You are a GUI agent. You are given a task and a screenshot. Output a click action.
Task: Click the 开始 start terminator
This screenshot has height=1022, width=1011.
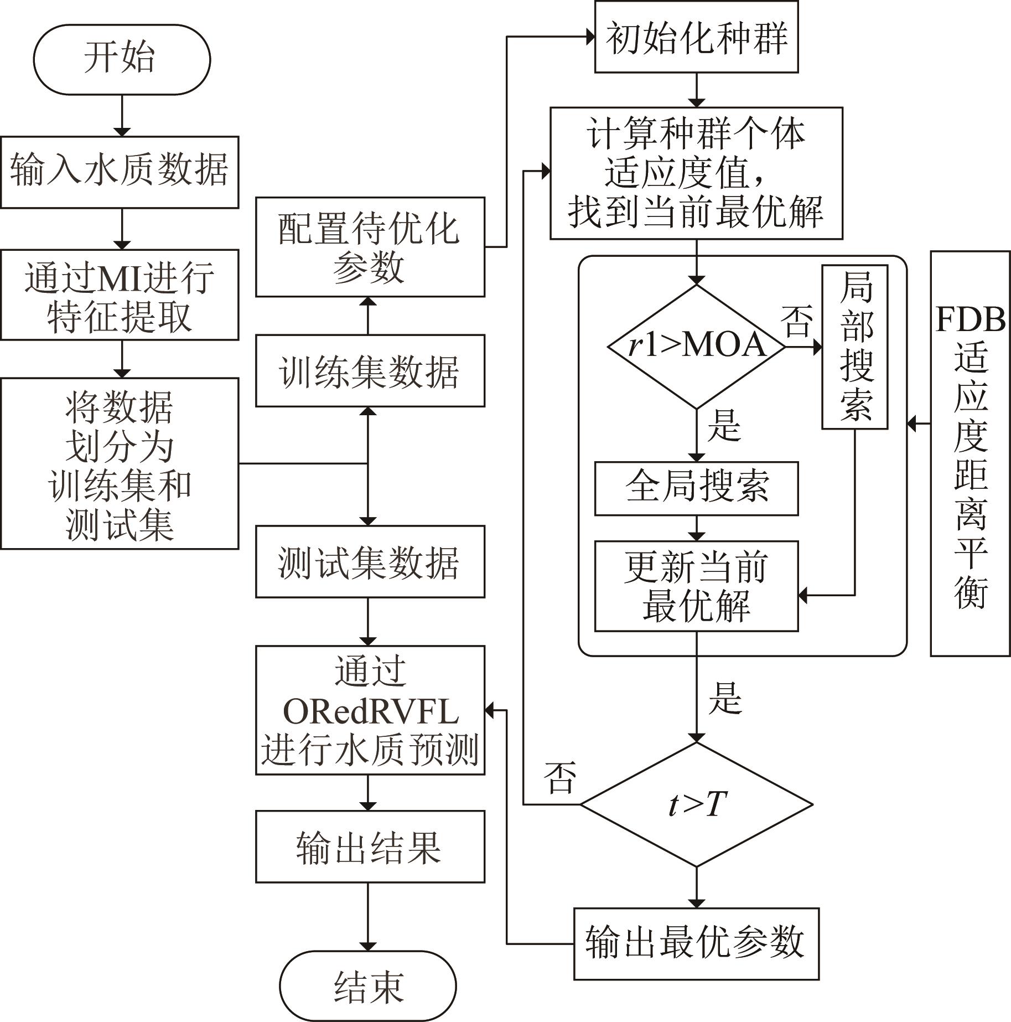(x=122, y=59)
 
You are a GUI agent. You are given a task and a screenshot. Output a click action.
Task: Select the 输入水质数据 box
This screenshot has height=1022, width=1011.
(x=120, y=172)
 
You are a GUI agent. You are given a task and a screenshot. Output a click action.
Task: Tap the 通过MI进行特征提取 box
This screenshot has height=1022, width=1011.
(x=120, y=295)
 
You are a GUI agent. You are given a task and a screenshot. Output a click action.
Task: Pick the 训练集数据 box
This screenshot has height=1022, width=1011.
(x=370, y=370)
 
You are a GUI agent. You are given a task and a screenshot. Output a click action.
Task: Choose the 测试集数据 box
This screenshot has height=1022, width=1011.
(x=370, y=561)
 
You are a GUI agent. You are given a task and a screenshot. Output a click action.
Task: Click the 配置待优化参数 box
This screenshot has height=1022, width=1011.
(x=370, y=247)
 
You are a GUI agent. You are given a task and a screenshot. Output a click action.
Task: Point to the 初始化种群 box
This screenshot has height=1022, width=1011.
(x=696, y=37)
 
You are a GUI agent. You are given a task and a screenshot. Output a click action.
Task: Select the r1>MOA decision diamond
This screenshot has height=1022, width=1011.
(x=696, y=347)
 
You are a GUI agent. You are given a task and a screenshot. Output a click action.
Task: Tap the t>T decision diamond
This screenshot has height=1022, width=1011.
(x=696, y=804)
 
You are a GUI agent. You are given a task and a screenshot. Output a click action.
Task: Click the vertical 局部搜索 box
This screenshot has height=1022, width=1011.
(x=855, y=347)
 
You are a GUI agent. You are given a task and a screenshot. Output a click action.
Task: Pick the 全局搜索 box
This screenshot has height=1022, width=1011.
(x=696, y=488)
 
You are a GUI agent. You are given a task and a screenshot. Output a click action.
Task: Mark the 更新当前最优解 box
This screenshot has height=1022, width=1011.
(x=696, y=586)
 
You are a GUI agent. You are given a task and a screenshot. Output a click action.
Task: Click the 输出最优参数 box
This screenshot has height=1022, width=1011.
(x=696, y=943)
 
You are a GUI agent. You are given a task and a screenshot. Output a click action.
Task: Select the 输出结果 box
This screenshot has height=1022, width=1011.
(x=370, y=846)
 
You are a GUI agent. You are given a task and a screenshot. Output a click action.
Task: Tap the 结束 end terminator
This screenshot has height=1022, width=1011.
(x=367, y=986)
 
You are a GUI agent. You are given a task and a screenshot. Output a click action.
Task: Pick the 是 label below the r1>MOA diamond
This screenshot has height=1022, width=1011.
(x=724, y=426)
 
